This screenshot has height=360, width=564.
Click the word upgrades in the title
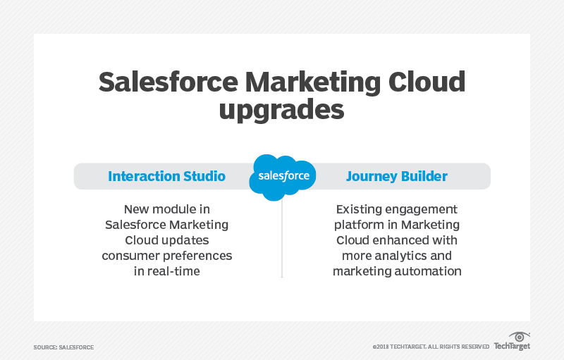click(281, 111)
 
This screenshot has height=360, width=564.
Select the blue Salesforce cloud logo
click(282, 176)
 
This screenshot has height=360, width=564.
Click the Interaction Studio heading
click(166, 176)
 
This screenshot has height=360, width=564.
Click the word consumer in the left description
click(130, 256)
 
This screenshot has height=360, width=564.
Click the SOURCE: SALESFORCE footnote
click(63, 347)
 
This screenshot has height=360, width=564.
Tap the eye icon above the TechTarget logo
click(519, 337)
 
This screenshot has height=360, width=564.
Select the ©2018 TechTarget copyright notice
click(431, 347)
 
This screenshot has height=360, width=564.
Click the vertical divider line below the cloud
click(282, 240)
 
